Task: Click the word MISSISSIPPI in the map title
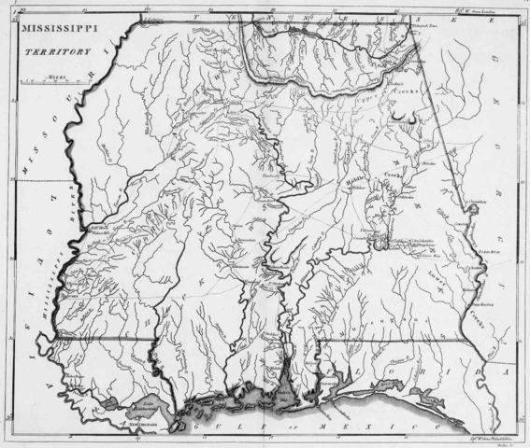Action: (55, 31)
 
